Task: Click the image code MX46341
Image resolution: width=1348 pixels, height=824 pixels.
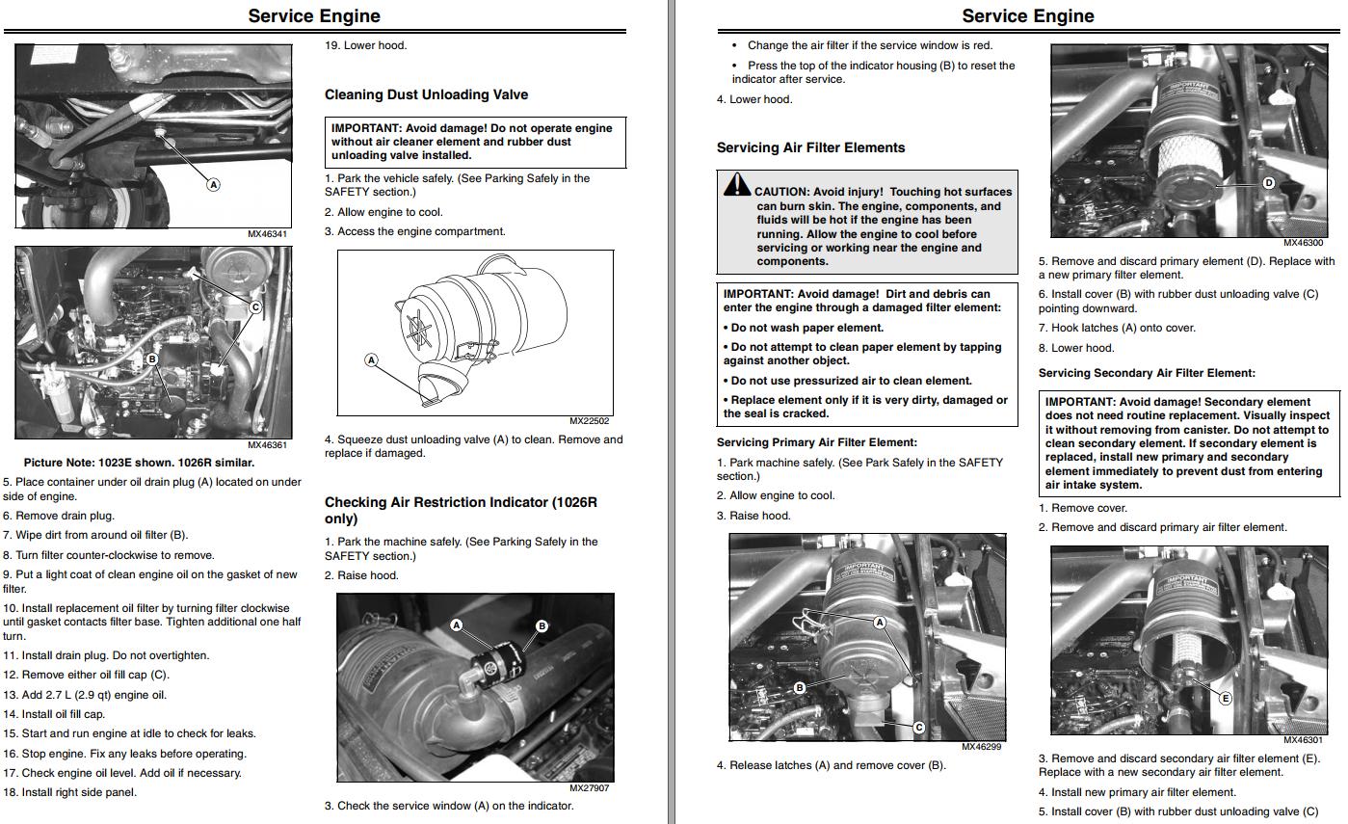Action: (267, 233)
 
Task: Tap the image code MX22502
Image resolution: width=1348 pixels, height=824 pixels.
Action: (589, 420)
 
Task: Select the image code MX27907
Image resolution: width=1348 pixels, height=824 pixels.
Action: (589, 787)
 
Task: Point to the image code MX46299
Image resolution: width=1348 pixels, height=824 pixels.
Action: (982, 747)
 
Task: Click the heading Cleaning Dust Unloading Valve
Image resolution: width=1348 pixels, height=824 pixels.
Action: (426, 94)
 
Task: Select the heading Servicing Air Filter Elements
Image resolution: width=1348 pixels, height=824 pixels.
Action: (810, 147)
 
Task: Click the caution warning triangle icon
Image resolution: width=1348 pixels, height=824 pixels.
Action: (737, 184)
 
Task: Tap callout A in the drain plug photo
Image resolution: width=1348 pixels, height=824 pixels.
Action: (214, 185)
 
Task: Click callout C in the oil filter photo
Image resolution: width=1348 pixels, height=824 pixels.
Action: (255, 307)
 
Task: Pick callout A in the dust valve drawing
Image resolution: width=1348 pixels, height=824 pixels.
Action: (371, 359)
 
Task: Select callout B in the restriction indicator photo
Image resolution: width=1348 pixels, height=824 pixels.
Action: (542, 626)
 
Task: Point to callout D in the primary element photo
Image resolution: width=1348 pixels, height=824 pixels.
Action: (1268, 183)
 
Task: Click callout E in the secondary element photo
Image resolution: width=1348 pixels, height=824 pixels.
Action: (1226, 699)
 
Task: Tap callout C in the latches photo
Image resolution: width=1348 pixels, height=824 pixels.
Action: (918, 728)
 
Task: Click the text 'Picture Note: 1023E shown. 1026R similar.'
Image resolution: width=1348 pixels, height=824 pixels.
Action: (139, 463)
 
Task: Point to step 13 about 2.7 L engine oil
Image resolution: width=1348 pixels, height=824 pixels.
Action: (85, 695)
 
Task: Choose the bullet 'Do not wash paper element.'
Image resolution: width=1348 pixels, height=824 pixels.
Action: (806, 328)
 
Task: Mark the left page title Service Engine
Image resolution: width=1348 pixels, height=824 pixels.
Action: (314, 16)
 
